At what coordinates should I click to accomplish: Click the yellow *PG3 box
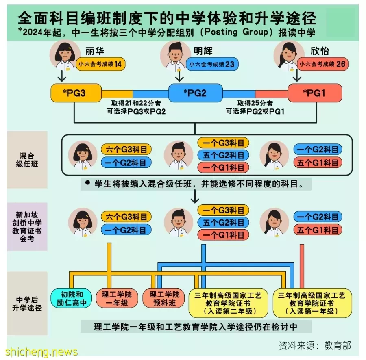[x=76, y=93]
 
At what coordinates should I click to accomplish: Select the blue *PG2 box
[x=195, y=93]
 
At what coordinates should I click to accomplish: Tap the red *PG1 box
[x=315, y=93]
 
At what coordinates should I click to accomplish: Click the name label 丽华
[x=94, y=51]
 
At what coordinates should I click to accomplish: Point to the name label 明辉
[x=203, y=51]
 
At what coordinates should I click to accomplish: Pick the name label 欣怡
[x=320, y=51]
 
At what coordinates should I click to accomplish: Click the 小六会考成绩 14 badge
[x=100, y=64]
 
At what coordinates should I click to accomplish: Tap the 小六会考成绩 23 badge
[x=212, y=64]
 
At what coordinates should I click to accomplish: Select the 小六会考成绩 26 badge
[x=322, y=64]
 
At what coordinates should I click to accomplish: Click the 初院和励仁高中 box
[x=72, y=299]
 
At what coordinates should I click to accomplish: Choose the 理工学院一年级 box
[x=117, y=299]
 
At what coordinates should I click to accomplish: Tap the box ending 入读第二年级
[x=228, y=303]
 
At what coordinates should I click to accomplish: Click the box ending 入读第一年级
[x=312, y=303]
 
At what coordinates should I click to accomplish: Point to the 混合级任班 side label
[x=27, y=160]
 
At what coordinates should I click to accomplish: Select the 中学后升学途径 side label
[x=27, y=304]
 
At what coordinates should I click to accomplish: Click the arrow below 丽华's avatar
[x=62, y=76]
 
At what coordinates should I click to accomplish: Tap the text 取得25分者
[x=255, y=103]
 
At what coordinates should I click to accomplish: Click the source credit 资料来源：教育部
[x=315, y=345]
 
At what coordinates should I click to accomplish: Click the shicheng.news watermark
[x=41, y=352]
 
